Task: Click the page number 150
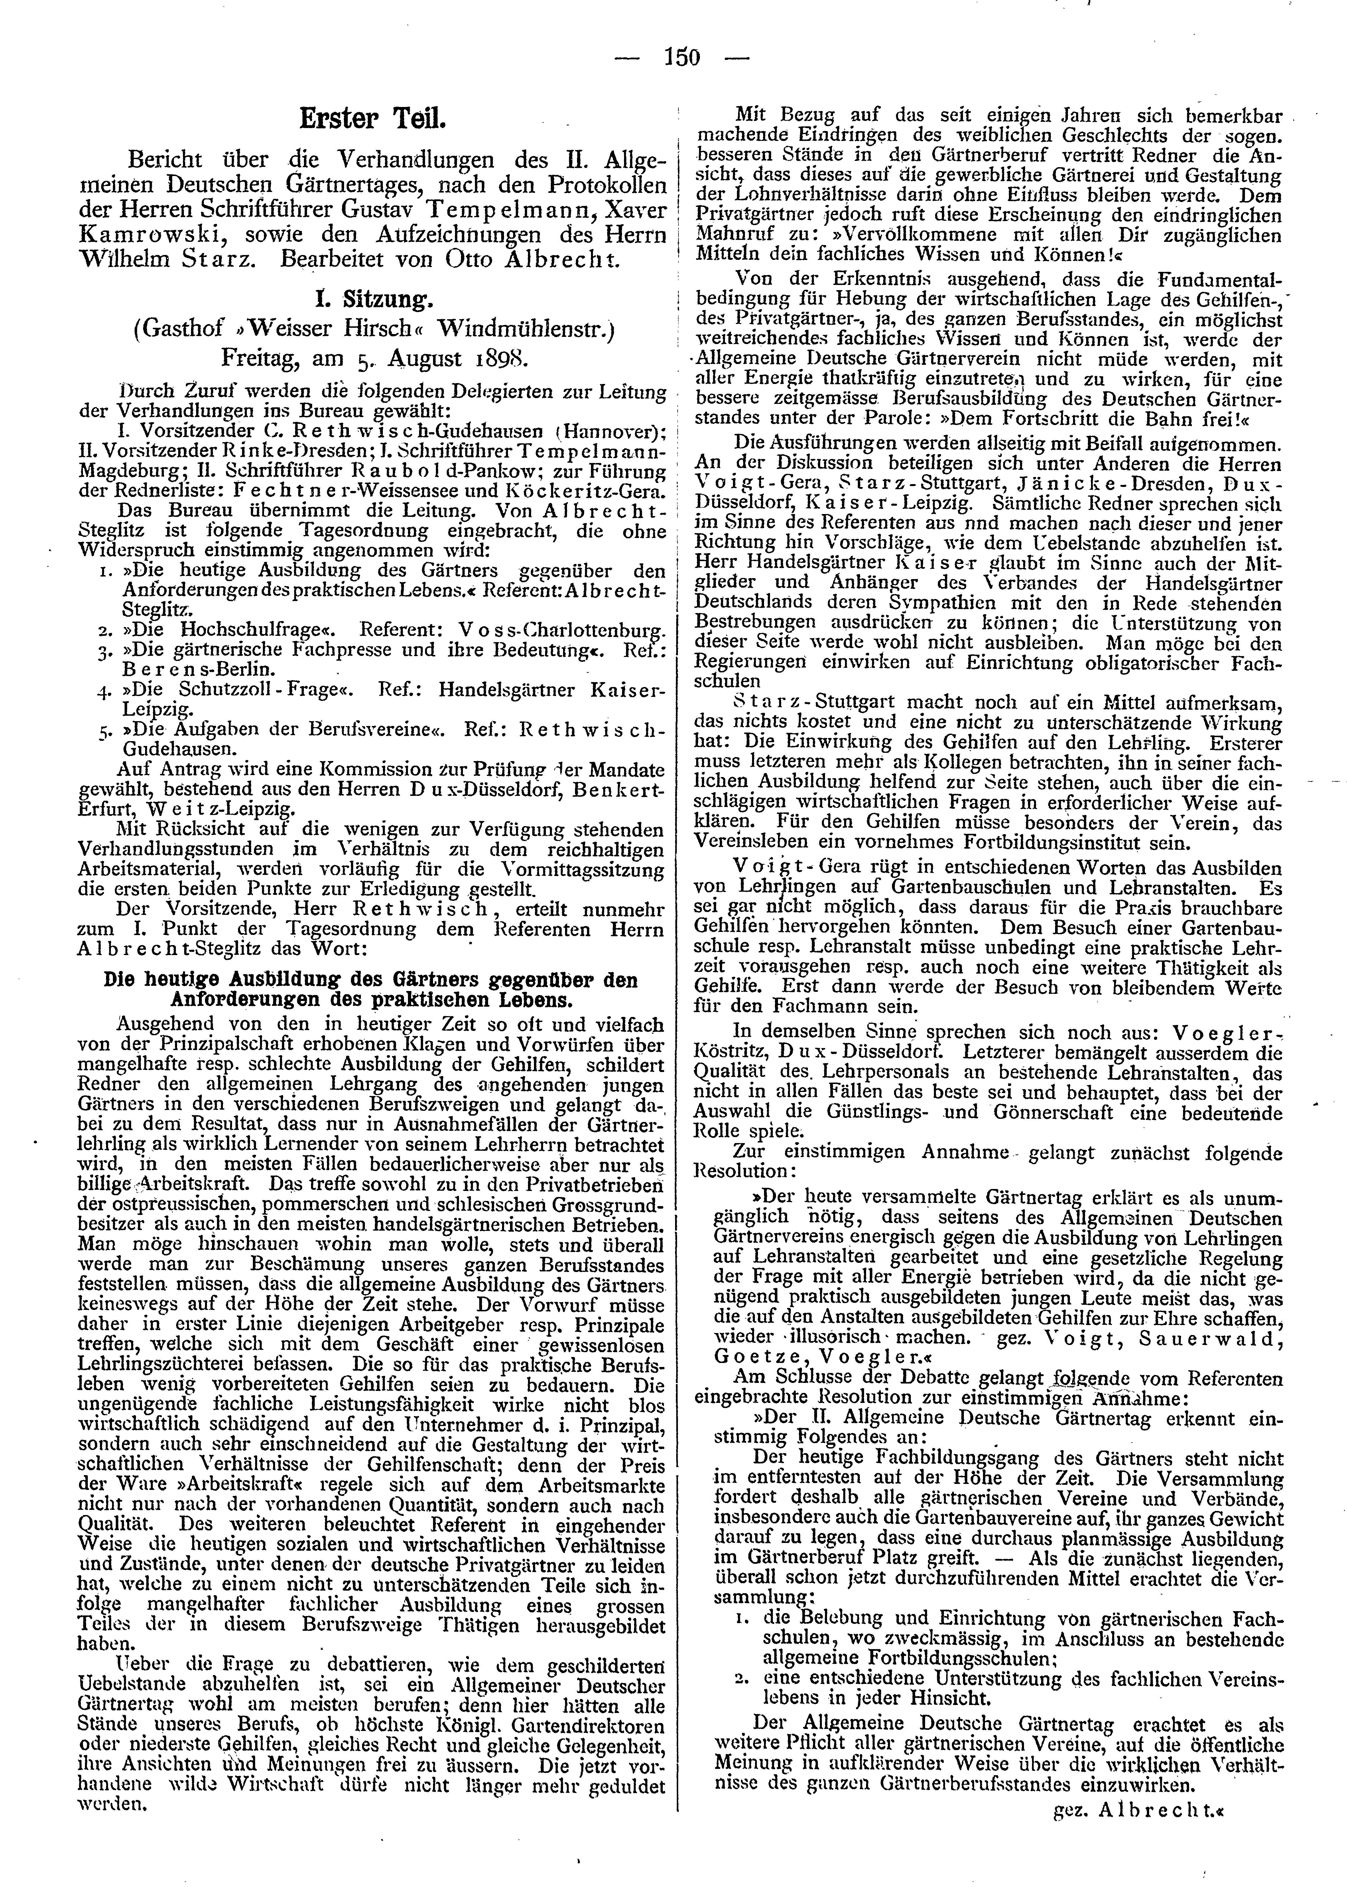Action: tap(682, 57)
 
